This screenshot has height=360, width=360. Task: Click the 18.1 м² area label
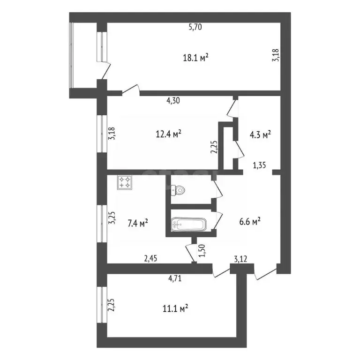[195, 58]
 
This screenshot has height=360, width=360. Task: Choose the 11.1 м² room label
[175, 308]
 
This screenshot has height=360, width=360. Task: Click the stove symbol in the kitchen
[124, 182]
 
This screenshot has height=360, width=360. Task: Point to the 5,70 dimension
[195, 27]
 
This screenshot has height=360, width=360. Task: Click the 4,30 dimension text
[174, 100]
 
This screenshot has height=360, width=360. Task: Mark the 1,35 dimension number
[260, 165]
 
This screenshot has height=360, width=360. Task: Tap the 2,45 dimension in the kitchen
[151, 258]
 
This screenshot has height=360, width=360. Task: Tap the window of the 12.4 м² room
[101, 134]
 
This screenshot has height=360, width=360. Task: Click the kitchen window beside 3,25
[101, 223]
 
